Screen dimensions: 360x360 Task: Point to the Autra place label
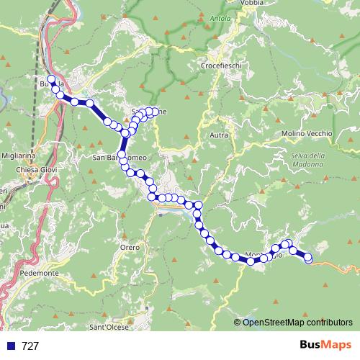(x=219, y=135)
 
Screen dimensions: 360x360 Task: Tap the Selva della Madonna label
(x=308, y=159)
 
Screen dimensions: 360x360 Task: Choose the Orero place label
(x=130, y=247)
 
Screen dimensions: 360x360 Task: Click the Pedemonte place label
(x=40, y=274)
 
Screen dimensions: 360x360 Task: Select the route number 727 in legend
(x=30, y=346)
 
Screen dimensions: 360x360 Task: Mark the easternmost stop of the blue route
(x=309, y=258)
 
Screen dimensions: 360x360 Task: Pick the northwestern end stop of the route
(x=50, y=79)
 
